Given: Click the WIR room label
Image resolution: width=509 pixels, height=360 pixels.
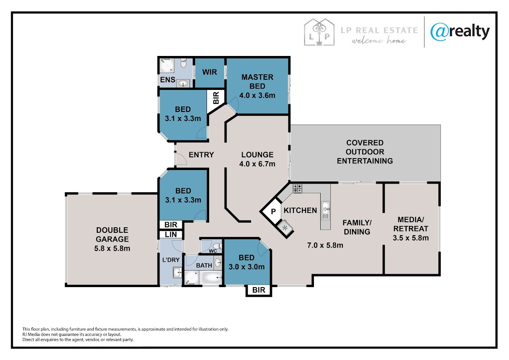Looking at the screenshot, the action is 210,72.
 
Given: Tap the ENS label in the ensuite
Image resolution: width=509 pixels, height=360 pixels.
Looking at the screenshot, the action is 168,80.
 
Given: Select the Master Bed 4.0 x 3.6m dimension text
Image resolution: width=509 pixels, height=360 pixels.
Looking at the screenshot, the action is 257,95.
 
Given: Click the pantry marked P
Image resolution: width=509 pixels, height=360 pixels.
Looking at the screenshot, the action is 273,212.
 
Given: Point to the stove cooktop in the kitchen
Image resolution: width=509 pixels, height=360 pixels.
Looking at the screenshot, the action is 297,188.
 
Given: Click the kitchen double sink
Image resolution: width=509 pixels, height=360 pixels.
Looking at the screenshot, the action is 325,210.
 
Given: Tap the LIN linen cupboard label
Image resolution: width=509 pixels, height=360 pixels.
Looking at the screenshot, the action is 171,234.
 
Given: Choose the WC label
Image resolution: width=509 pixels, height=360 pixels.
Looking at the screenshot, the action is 213,251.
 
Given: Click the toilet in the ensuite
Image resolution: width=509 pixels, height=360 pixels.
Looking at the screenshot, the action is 183,63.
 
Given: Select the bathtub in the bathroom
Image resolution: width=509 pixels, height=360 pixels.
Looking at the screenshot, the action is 212,278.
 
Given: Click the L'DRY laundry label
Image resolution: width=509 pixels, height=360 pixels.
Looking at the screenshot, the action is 171,260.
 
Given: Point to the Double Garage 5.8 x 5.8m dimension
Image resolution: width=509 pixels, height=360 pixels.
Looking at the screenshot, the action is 112,248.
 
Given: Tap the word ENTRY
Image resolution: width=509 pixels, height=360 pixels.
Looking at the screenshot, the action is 201,155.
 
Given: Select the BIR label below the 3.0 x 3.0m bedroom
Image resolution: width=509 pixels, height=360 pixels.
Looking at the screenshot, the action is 259,290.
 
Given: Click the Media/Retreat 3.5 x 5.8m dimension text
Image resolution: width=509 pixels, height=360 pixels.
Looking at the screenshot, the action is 411,238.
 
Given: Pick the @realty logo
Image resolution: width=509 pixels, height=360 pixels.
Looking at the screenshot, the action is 460,32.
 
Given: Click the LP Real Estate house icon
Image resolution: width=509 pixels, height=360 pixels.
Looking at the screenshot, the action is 319,32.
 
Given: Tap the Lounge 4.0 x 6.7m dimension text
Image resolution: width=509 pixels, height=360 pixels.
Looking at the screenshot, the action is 257,164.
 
